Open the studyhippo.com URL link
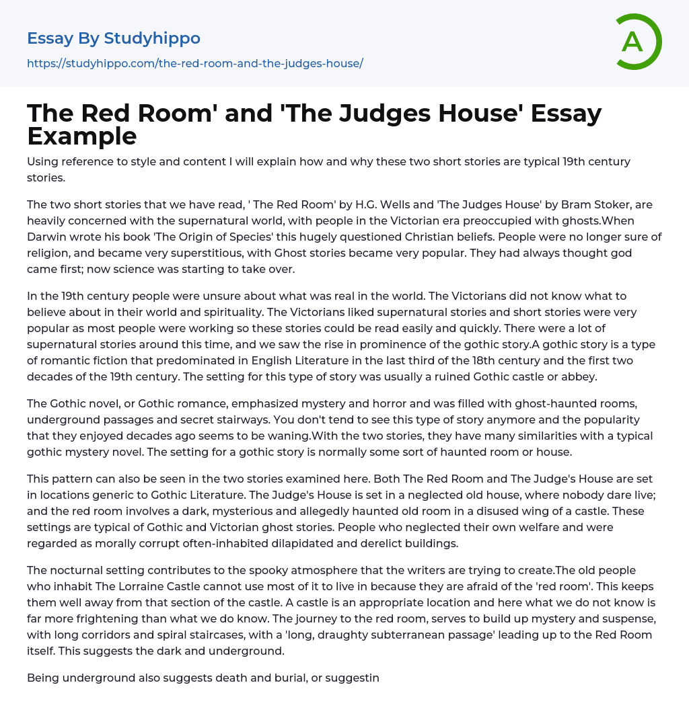pyautogui.click(x=195, y=63)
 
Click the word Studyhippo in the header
pyautogui.click(x=152, y=38)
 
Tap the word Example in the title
pyautogui.click(x=82, y=136)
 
